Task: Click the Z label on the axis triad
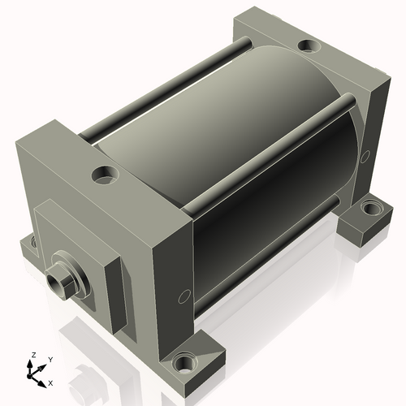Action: (34, 355)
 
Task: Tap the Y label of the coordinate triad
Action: (50, 360)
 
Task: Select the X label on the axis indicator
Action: (50, 383)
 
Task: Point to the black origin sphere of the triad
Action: (29, 376)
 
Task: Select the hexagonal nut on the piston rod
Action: (59, 283)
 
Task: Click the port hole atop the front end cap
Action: (106, 175)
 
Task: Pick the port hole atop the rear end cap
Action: (309, 45)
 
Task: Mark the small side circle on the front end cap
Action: (184, 296)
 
